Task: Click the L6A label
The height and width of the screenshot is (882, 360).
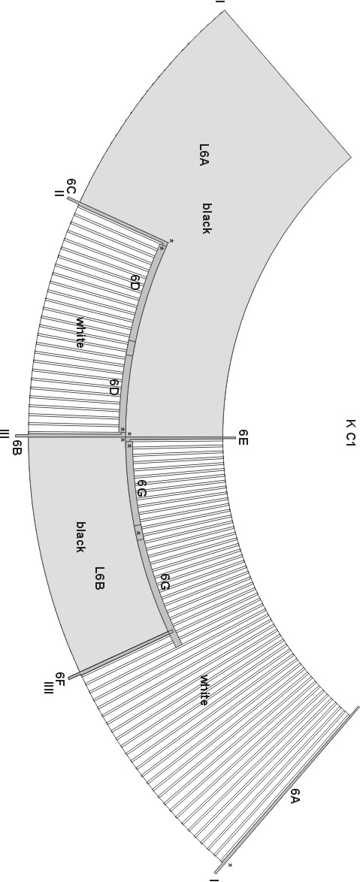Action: (204, 155)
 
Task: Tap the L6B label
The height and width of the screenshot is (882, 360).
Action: (99, 578)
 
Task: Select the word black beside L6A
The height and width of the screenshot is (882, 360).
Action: (207, 219)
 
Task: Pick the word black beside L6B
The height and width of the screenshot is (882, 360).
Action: (80, 536)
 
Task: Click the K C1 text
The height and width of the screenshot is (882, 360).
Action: (350, 433)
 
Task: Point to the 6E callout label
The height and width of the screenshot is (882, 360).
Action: (243, 437)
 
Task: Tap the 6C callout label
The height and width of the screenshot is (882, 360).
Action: (71, 187)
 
